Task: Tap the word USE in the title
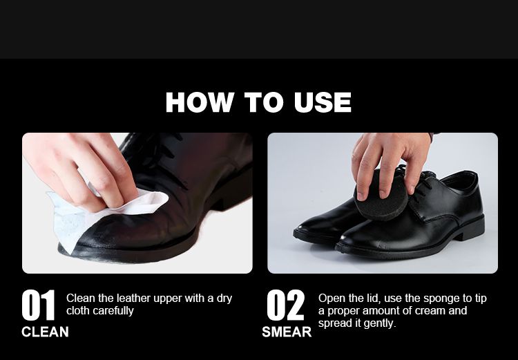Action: coord(323,102)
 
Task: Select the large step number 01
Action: coord(38,305)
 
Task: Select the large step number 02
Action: coord(285,305)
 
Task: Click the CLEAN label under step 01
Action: coord(45,332)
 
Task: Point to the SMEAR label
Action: coord(287,332)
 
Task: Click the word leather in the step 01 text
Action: coord(133,299)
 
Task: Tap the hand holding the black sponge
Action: coord(390,162)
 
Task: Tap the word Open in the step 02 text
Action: coord(332,299)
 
